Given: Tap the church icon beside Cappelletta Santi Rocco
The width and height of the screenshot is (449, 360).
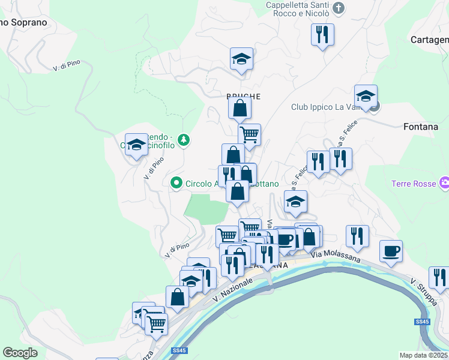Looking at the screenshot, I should [339, 8].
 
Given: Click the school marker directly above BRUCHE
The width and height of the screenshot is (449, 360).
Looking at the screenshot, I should [241, 59].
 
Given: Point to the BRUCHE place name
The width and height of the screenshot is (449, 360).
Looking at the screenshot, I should [243, 96].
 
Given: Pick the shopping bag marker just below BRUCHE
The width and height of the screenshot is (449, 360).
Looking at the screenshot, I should [240, 109].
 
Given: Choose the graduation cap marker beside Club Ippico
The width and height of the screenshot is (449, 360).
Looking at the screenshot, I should [366, 96].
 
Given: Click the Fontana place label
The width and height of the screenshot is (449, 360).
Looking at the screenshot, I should [421, 127].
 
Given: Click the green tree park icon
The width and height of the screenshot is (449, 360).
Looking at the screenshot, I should [184, 140].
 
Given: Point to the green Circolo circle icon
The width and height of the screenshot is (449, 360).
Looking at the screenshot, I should [176, 183].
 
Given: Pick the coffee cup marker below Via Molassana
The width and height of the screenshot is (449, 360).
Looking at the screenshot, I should [391, 250].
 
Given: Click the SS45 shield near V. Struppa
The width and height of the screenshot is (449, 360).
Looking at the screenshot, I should [422, 322].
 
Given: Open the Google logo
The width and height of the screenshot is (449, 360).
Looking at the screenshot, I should [20, 353].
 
